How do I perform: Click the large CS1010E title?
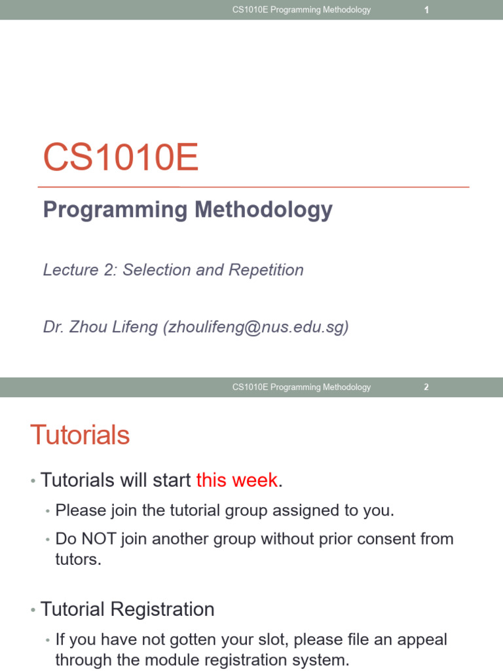(x=121, y=159)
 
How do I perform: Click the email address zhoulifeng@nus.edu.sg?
(x=255, y=328)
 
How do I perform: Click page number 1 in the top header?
(x=426, y=10)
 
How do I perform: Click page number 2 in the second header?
(x=426, y=387)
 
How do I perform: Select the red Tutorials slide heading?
(x=80, y=435)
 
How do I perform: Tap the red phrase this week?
(x=237, y=480)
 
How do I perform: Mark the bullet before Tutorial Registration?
(x=33, y=611)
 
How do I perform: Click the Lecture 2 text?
(x=79, y=270)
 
